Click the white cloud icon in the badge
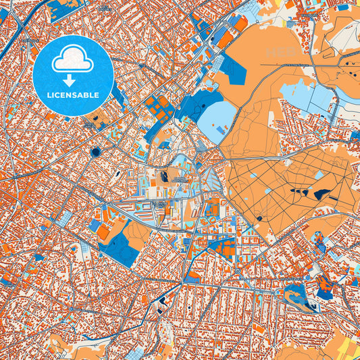pos(72,61)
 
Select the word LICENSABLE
pos(72,95)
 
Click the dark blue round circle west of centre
pos(95,152)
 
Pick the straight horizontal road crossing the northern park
pos(297,65)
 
